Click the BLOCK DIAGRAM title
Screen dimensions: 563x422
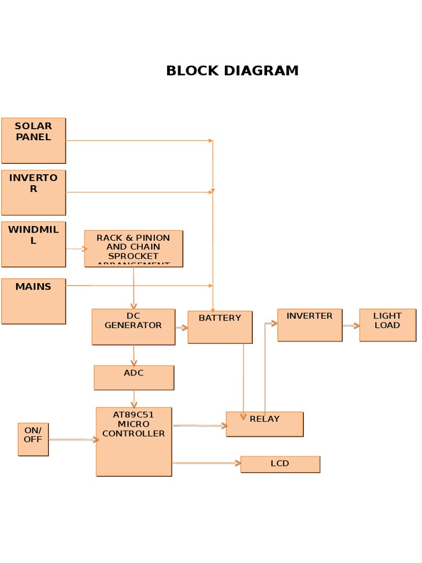click(232, 71)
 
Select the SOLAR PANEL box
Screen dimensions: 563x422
click(34, 141)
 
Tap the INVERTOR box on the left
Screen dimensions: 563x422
click(34, 192)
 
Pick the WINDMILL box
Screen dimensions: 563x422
click(34, 244)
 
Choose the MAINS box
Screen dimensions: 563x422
click(34, 301)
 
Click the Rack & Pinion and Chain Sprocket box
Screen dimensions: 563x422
click(134, 249)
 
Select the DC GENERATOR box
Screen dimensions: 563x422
click(134, 327)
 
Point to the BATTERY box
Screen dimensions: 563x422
click(220, 327)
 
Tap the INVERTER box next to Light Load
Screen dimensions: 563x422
click(309, 325)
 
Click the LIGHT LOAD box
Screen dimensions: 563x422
click(387, 325)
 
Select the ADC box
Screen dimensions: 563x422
click(134, 378)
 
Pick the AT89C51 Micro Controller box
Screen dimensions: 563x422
click(134, 441)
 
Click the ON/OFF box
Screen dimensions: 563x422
click(33, 439)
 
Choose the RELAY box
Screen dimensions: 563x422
click(264, 424)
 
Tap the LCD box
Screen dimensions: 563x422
click(280, 464)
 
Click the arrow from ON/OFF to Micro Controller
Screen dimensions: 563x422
click(73, 439)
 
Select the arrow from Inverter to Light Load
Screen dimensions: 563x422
click(351, 325)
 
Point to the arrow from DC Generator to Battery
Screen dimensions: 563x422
click(181, 328)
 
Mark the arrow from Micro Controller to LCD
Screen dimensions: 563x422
click(206, 463)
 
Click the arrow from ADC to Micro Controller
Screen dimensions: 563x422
click(134, 399)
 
